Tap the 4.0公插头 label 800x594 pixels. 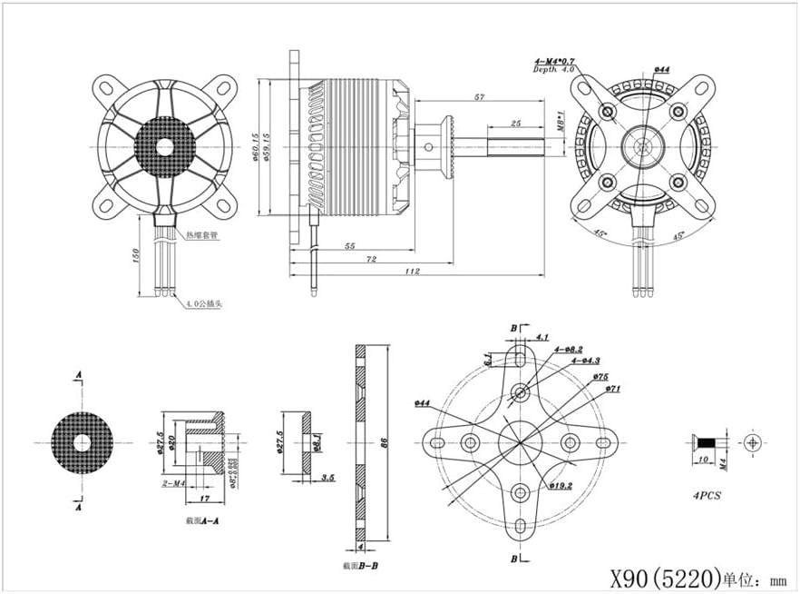pos(205,304)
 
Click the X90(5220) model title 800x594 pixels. pos(664,575)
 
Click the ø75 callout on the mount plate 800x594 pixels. pos(600,376)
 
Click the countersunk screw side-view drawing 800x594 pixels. pos(707,443)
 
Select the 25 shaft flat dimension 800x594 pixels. pos(515,123)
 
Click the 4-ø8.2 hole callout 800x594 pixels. pos(569,349)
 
